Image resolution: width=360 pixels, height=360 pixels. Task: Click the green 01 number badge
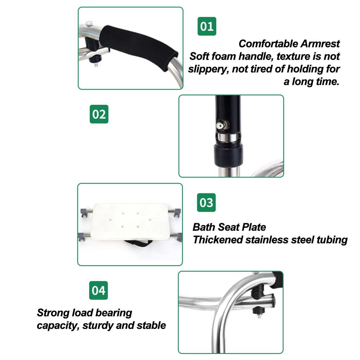click(207, 26)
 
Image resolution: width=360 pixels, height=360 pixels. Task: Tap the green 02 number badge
click(99, 114)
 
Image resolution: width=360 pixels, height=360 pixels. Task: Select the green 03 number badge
click(206, 202)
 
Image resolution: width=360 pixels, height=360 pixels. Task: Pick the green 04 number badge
click(98, 290)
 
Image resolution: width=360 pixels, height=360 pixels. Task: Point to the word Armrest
click(320, 44)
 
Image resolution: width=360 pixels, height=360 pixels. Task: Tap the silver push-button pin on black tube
click(222, 124)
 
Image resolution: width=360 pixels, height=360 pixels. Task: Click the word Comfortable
click(268, 44)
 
